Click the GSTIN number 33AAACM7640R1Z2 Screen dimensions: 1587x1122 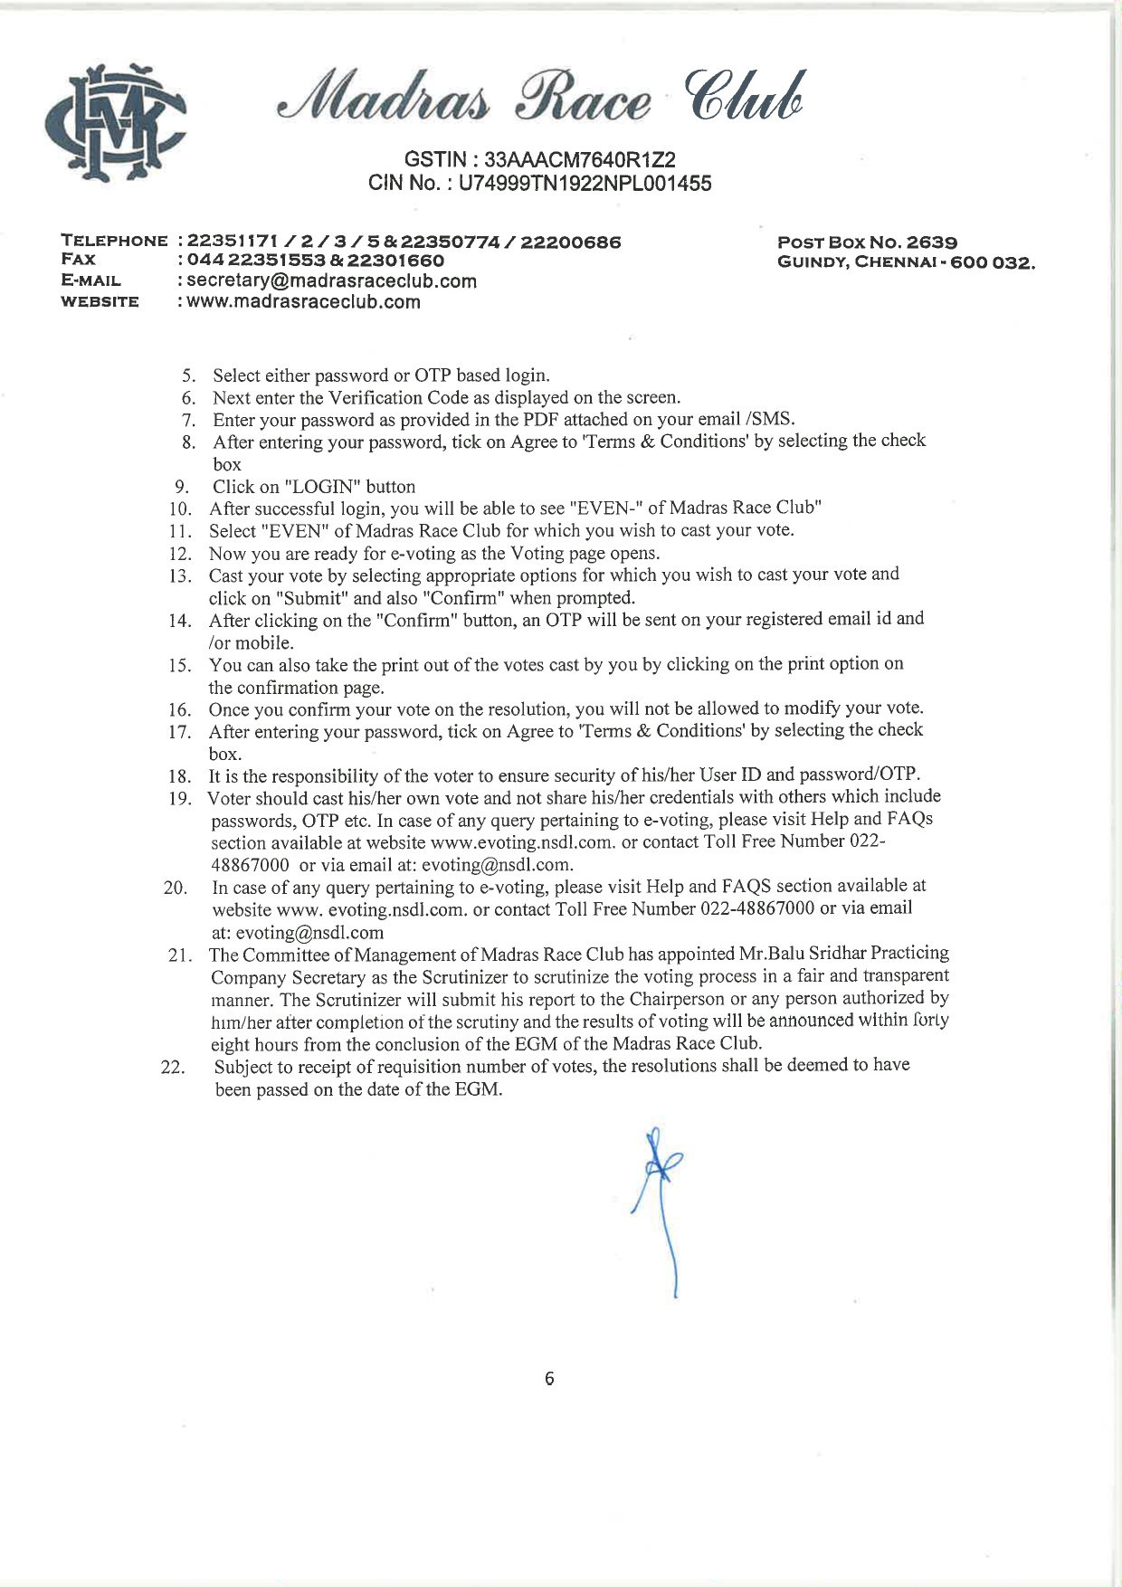pos(580,160)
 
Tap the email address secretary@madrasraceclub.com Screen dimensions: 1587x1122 pos(331,281)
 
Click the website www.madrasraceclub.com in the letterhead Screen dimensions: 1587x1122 pos(303,302)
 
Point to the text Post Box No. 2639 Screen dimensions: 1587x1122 pos(868,242)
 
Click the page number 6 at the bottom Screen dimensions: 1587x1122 pos(549,1379)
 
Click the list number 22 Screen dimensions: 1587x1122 pos(173,1068)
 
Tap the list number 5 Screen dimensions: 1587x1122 pos(189,376)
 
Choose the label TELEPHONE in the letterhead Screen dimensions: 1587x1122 pos(114,242)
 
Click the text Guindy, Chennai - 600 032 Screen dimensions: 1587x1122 pos(906,263)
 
